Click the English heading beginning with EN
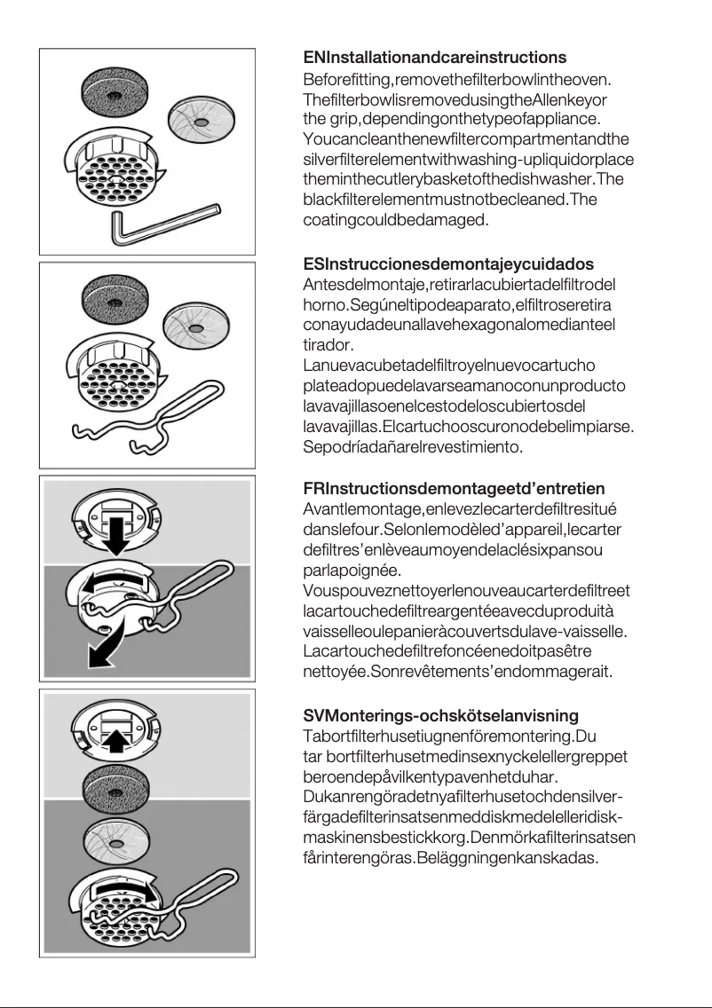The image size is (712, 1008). tap(434, 59)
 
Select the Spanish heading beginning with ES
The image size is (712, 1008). tap(448, 264)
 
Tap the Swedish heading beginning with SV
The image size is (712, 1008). tap(440, 715)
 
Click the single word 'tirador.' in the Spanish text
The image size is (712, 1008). tap(328, 344)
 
